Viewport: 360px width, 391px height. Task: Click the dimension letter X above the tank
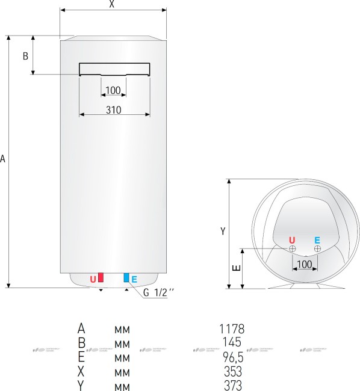coord(111,4)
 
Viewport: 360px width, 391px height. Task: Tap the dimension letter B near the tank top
coord(25,56)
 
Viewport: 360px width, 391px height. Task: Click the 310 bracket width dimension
coord(113,109)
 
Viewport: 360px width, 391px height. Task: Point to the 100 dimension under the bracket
coord(113,90)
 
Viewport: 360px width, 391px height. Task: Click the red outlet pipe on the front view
coord(101,277)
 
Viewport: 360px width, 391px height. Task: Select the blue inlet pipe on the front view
coord(126,277)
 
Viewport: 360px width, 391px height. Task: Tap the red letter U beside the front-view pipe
coord(93,279)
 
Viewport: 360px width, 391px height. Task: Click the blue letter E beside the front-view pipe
coord(134,279)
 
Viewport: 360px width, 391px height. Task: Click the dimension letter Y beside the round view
coord(222,231)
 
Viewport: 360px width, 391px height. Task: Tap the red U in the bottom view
coord(293,239)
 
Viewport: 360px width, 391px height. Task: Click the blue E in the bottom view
coord(317,239)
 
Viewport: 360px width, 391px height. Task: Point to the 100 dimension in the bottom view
coord(305,264)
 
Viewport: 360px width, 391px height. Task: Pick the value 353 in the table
coord(232,371)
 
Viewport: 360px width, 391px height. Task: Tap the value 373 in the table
coord(232,385)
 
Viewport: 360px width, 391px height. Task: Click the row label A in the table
coord(81,328)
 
